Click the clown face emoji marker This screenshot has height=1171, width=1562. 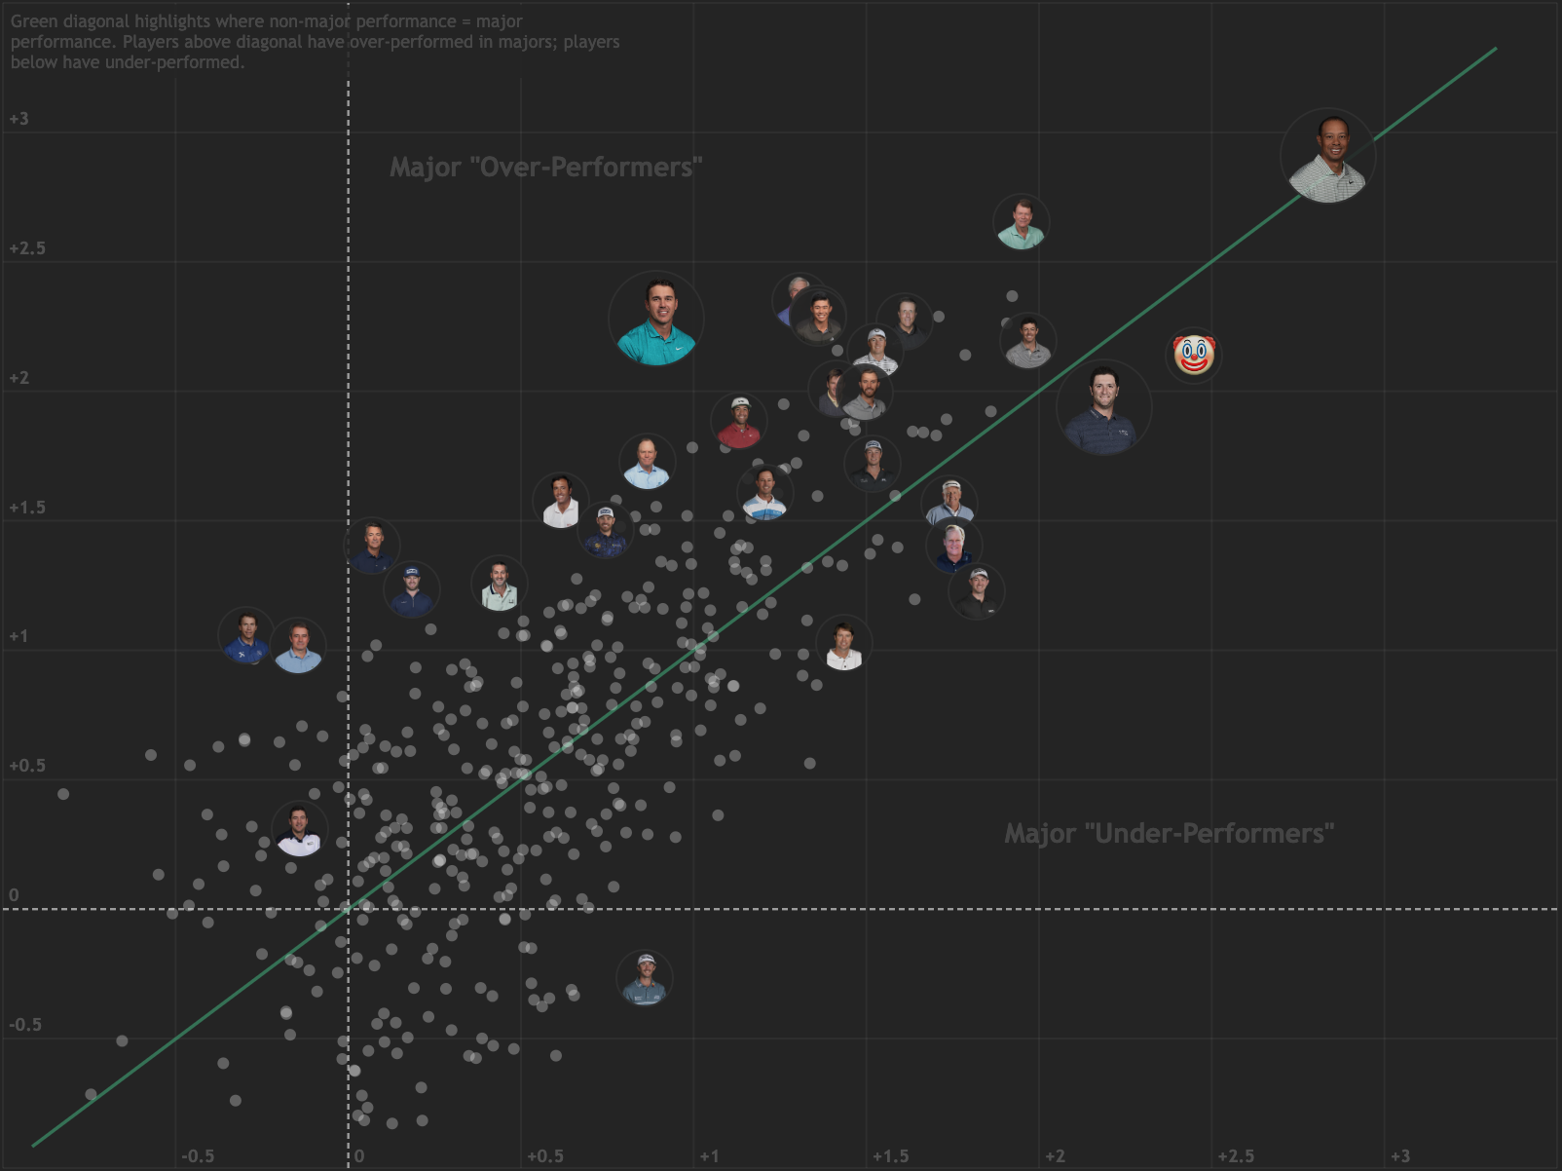tap(1194, 355)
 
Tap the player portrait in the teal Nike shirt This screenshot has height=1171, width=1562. tap(655, 319)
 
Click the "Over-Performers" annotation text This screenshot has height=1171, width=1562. tap(545, 168)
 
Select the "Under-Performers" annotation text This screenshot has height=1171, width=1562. tap(1169, 834)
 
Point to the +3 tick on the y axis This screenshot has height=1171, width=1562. tap(19, 119)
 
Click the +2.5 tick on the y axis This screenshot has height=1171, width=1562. tap(27, 248)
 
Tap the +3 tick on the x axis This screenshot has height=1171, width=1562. tap(1399, 1156)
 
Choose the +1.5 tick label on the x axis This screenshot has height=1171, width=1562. tap(890, 1156)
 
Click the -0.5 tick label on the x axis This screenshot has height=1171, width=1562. tap(198, 1156)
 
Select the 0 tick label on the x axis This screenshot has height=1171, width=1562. tap(359, 1156)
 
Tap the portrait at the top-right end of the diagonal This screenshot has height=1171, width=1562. tap(1327, 156)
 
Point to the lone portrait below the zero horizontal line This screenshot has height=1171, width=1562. tap(645, 978)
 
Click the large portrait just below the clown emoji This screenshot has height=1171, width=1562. tap(1103, 408)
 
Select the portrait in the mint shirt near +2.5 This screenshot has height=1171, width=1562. tap(1021, 222)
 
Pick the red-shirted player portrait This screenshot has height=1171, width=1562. tap(739, 422)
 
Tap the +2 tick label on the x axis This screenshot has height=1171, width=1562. tap(1055, 1156)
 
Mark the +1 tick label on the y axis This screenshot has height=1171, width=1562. tap(19, 636)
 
